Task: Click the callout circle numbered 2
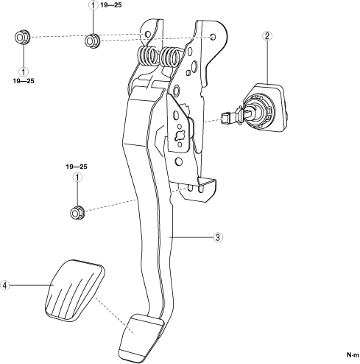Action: (x=267, y=36)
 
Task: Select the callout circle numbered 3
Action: (x=218, y=237)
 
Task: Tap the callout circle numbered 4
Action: (x=4, y=285)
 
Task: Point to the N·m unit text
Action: (x=353, y=355)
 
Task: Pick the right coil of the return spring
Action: (x=170, y=57)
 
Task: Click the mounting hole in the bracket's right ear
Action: (x=213, y=37)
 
